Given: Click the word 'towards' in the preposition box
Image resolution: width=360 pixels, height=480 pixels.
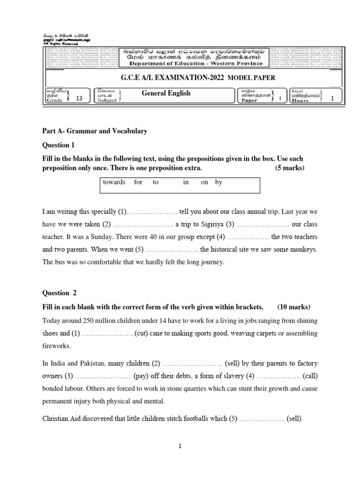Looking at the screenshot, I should [x=114, y=182].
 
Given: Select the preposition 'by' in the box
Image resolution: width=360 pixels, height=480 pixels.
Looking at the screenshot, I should [x=219, y=182].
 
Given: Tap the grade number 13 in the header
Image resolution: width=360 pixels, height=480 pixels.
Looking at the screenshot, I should [x=78, y=98].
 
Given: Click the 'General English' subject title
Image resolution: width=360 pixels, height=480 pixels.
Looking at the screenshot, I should [x=166, y=93].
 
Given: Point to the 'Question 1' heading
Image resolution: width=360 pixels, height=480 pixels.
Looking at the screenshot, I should [x=59, y=145].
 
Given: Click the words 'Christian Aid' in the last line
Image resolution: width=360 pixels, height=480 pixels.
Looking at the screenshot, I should [x=62, y=418].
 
